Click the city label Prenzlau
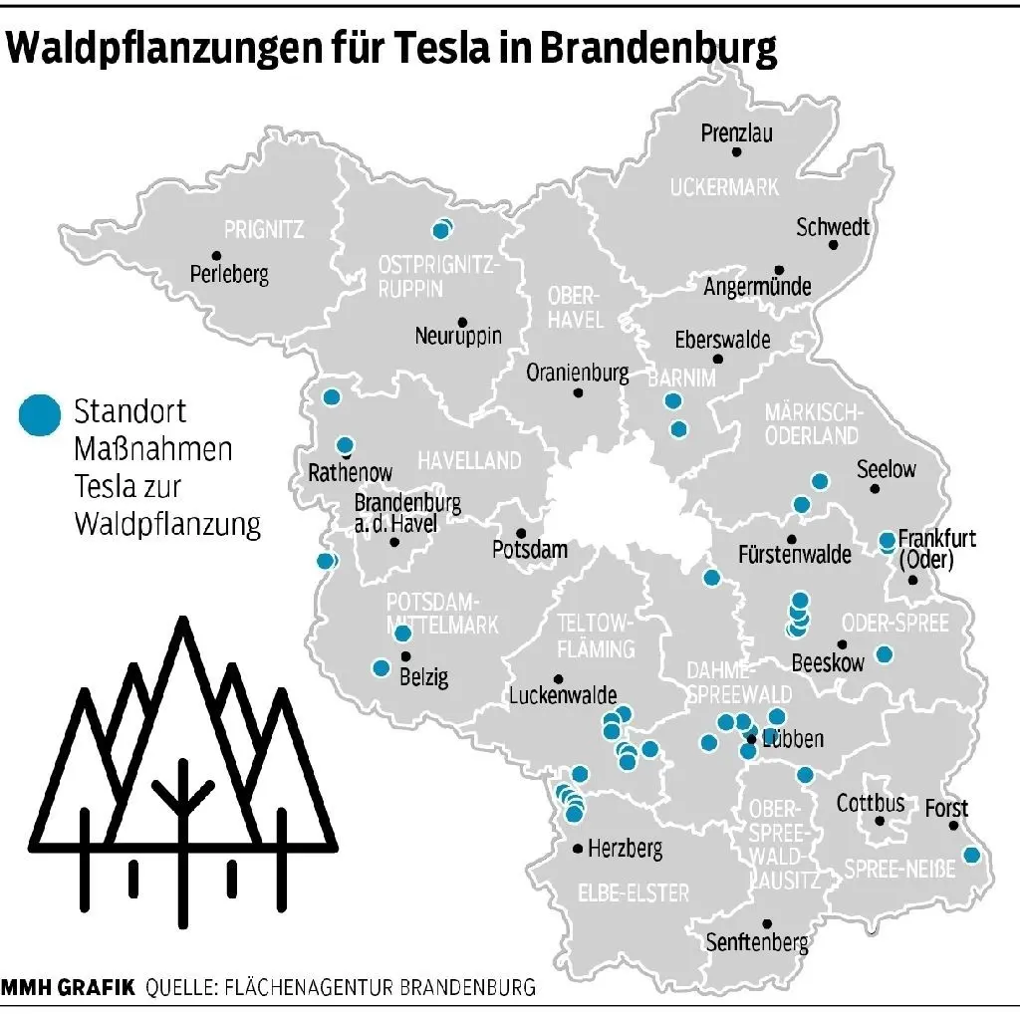[736, 132]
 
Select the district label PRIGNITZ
[264, 230]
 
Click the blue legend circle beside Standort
[40, 413]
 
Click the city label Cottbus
[871, 802]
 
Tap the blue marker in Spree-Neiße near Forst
[972, 855]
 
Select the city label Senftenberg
[757, 942]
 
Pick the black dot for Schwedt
[834, 245]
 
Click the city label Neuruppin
[458, 336]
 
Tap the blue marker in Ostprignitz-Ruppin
[440, 231]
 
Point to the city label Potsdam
[530, 549]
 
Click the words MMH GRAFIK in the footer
[69, 988]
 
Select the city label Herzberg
[625, 850]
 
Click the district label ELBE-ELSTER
[633, 891]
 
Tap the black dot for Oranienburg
[578, 392]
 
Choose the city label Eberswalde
[722, 340]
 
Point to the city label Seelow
[886, 468]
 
